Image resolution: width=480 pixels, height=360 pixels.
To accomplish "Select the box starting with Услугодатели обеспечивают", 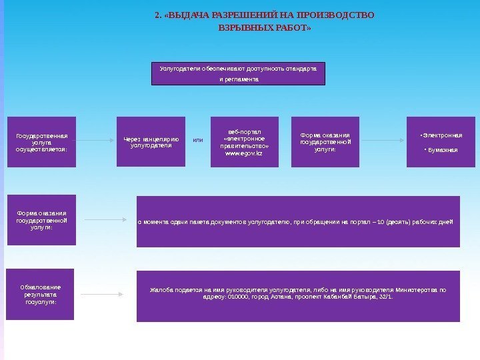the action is [239, 73].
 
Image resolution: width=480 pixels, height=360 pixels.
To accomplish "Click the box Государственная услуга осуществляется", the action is [41, 142].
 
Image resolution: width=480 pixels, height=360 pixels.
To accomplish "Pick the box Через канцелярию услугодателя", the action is [151, 141].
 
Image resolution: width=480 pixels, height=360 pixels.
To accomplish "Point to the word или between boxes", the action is [198, 141].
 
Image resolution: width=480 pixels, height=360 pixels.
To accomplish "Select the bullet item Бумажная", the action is [441, 150].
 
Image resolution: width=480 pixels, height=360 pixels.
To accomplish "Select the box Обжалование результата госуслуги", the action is [41, 294].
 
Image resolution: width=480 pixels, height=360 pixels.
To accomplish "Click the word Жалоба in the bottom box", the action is [161, 291].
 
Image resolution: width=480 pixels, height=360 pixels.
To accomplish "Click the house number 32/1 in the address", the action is [386, 297].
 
